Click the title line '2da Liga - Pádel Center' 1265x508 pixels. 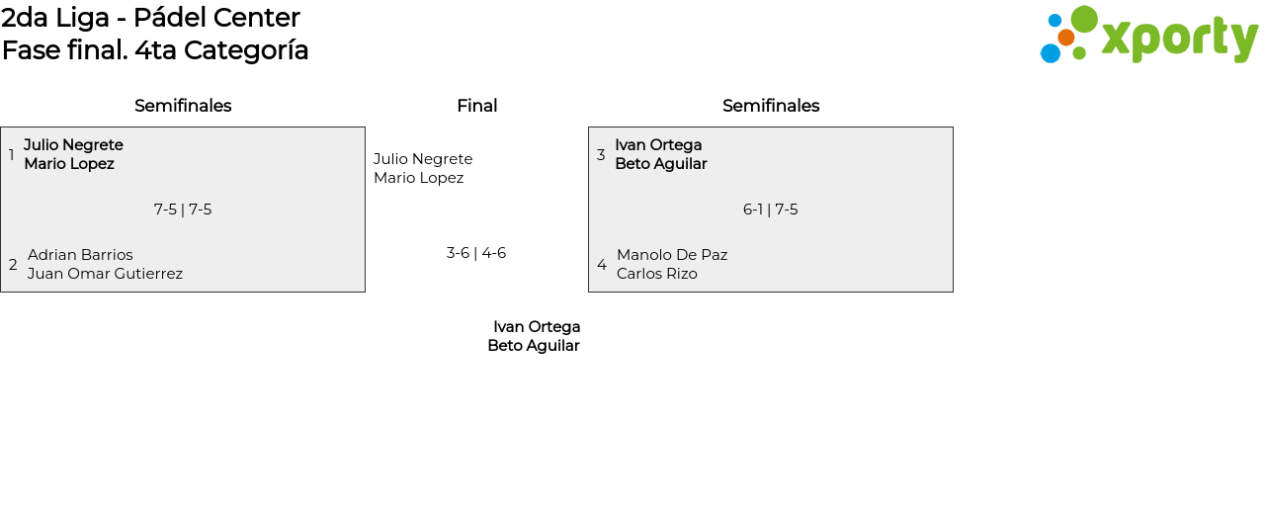tap(150, 18)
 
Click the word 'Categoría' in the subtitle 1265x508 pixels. tap(246, 50)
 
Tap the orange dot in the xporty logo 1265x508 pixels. tap(1066, 38)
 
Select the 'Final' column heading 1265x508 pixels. tap(477, 106)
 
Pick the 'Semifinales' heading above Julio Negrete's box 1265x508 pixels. tap(183, 106)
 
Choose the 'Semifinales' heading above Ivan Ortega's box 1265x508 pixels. tap(771, 106)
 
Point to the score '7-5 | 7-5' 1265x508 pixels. tap(183, 210)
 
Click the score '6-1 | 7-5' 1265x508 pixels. tap(771, 210)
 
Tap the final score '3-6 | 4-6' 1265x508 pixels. tap(476, 253)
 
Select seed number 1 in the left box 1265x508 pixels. tap(11, 154)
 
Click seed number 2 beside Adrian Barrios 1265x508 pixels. tap(13, 265)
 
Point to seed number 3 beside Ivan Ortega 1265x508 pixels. tap(601, 154)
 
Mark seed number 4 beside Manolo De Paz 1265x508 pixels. tap(602, 265)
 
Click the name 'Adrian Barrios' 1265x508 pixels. tap(80, 255)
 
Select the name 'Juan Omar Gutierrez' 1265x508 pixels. tap(105, 274)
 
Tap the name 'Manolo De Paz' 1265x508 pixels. tap(672, 255)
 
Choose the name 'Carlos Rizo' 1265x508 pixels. tap(657, 274)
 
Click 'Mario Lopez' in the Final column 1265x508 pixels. tap(418, 178)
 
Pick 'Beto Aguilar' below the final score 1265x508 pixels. tap(534, 346)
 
